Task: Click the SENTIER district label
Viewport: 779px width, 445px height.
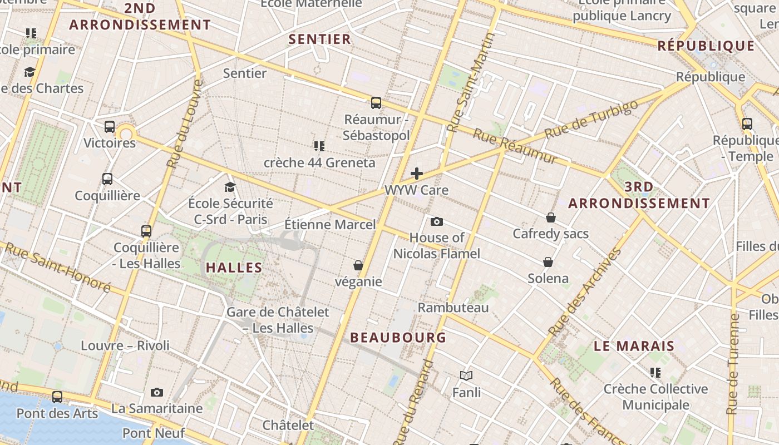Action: click(320, 39)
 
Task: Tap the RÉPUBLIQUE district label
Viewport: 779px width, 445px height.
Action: click(706, 46)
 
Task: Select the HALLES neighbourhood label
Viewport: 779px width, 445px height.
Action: click(234, 268)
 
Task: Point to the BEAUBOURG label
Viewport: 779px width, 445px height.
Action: click(398, 338)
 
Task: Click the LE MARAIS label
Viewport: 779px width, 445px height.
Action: click(634, 346)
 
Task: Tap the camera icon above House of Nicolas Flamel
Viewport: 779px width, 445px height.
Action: click(437, 222)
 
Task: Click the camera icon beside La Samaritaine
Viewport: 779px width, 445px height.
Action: click(157, 393)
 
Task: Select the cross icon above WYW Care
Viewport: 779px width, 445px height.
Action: click(417, 174)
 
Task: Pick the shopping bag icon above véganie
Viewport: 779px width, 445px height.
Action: click(358, 266)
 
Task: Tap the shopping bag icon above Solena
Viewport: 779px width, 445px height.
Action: click(548, 262)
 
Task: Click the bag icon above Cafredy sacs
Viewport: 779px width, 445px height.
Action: click(551, 217)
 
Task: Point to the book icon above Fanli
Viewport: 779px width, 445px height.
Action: click(466, 376)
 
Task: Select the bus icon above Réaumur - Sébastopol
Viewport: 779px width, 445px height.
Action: click(376, 103)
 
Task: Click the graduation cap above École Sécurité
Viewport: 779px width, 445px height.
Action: click(230, 187)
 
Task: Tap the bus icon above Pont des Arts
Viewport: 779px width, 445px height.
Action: click(57, 397)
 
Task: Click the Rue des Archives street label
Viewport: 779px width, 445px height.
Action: click(585, 293)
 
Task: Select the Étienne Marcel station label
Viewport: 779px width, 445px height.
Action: click(330, 225)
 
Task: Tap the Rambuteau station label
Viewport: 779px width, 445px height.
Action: click(453, 308)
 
